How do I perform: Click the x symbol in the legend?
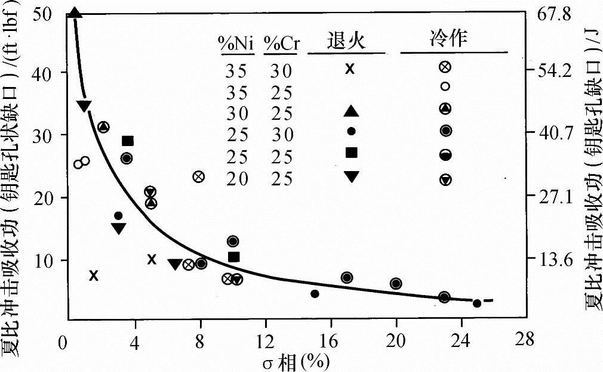[x=350, y=69]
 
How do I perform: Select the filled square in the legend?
[x=352, y=153]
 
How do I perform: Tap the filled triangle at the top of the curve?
[x=75, y=13]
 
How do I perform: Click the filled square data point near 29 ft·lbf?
[x=127, y=141]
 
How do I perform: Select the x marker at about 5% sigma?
[x=152, y=259]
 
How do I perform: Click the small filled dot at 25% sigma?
[x=476, y=303]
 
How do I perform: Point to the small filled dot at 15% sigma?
[x=315, y=293]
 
